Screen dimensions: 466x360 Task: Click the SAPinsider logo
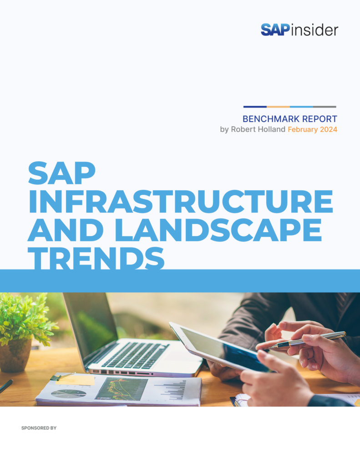[x=299, y=30]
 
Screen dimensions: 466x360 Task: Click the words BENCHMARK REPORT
[x=289, y=119]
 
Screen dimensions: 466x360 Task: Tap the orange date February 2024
[x=312, y=130]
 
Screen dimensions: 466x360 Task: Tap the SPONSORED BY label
[x=39, y=428]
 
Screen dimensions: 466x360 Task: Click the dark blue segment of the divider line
[x=255, y=107]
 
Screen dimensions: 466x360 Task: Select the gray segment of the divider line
[x=325, y=107]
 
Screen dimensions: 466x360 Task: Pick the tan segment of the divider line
[x=278, y=107]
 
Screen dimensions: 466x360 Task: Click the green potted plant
[x=27, y=319]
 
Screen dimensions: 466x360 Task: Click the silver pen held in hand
[x=309, y=339]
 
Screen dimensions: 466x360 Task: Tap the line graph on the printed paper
[x=121, y=389]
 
